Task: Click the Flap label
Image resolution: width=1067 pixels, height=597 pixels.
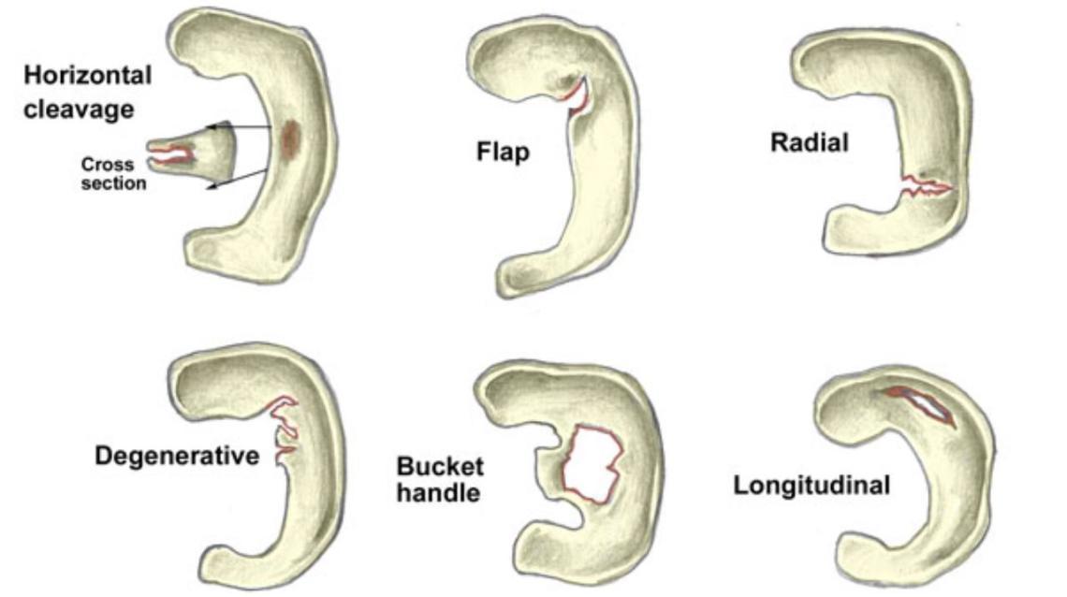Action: pyautogui.click(x=503, y=151)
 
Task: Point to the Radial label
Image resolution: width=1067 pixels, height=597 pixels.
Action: pyautogui.click(x=810, y=142)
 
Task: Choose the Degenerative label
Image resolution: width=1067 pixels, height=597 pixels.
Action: pyautogui.click(x=176, y=457)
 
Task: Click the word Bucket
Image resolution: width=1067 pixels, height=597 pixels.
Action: pyautogui.click(x=439, y=466)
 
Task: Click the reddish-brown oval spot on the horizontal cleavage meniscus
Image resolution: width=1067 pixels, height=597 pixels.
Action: pyautogui.click(x=290, y=138)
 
